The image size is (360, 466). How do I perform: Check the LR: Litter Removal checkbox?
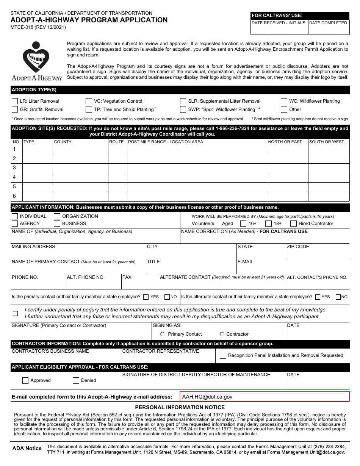[x=15, y=101]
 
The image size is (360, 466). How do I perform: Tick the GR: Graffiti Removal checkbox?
[x=15, y=109]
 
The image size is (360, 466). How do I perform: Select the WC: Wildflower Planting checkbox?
[x=284, y=101]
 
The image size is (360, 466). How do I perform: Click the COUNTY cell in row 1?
[x=80, y=149]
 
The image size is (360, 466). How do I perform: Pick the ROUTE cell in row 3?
[x=117, y=168]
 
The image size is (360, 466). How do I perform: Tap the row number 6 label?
[x=14, y=196]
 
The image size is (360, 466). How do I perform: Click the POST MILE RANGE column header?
[x=166, y=142]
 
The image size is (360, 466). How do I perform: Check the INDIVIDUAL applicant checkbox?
[x=15, y=216]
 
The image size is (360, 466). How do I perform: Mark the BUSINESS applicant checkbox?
[x=57, y=224]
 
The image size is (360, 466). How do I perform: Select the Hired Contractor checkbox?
[x=293, y=224]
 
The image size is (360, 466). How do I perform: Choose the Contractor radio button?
[x=222, y=334]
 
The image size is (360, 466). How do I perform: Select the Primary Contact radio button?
[x=163, y=334]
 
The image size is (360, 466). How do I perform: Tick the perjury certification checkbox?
[x=16, y=313]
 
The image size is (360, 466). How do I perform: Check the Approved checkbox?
[x=25, y=381]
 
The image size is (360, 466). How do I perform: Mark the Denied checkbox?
[x=76, y=381]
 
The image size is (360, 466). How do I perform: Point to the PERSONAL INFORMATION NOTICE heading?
[x=180, y=407]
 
